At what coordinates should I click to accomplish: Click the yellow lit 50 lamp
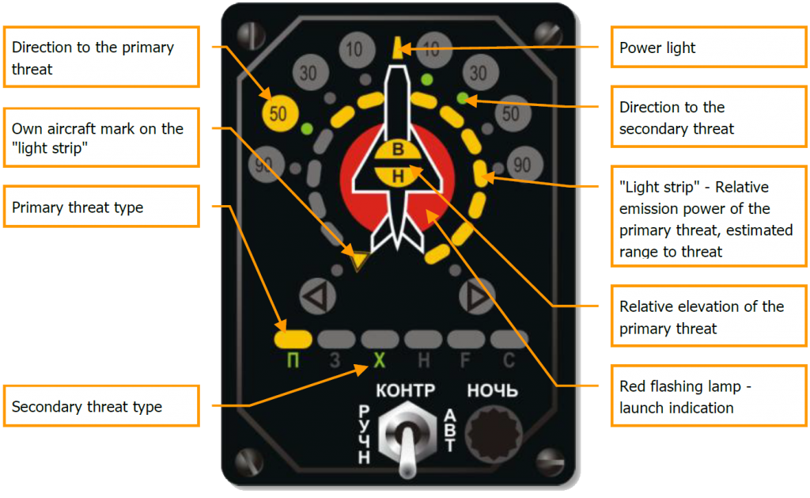click(x=278, y=113)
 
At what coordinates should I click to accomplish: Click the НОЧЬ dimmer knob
click(x=492, y=434)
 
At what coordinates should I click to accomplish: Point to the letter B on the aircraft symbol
click(x=398, y=150)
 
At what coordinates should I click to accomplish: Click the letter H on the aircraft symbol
click(x=398, y=177)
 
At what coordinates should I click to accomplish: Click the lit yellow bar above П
click(x=293, y=340)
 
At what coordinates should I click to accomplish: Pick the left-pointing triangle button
click(x=316, y=298)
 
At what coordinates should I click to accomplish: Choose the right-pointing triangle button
click(x=476, y=298)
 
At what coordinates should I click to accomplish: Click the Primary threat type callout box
click(x=100, y=207)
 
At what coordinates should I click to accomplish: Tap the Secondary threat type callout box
click(x=100, y=407)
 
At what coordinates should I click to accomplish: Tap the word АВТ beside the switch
click(x=449, y=431)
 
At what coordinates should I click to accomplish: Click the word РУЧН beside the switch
click(x=365, y=434)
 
